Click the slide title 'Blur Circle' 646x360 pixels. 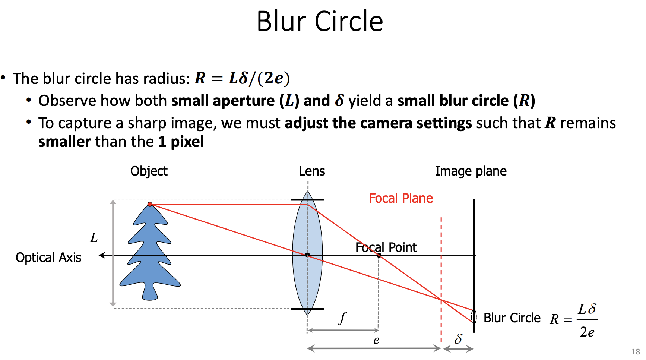pos(320,21)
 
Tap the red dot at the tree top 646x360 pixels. pos(150,204)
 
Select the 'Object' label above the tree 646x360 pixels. pos(149,171)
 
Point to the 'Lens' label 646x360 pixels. pos(312,171)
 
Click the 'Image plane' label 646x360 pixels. pos(471,171)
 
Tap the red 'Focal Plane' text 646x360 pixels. pos(400,198)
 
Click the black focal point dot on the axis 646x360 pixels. pos(379,255)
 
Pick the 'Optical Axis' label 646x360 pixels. pos(48,258)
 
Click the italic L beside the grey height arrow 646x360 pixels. pos(94,238)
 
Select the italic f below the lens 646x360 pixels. pos(342,318)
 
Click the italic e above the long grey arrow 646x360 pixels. pos(376,340)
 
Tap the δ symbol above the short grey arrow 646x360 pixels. pos(458,339)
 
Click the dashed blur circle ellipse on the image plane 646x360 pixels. pos(474,316)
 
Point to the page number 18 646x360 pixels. pos(635,352)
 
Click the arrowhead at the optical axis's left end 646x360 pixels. pos(101,255)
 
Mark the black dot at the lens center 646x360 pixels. pos(307,255)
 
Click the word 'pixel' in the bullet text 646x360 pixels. pos(187,142)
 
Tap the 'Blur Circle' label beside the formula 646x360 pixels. pos(512,318)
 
